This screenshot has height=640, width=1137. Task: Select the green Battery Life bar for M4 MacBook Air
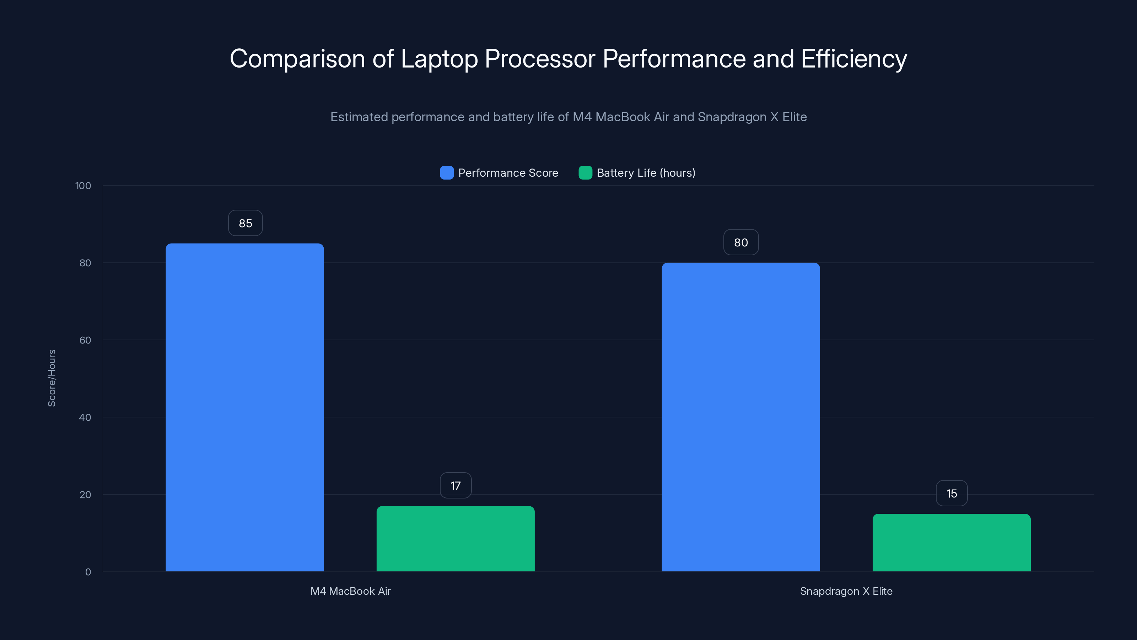456,539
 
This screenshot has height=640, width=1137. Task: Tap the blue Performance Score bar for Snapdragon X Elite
740,417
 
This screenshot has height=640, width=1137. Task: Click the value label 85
246,223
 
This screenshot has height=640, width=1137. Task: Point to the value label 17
456,485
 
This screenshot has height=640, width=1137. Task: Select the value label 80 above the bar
740,242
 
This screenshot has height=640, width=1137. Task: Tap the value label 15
952,494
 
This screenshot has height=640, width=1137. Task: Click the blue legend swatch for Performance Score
447,173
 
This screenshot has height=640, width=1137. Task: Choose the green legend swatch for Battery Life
585,173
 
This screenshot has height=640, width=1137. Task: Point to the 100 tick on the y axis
83,186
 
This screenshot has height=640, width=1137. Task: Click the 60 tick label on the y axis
85,340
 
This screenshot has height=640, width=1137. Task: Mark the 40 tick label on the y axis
85,417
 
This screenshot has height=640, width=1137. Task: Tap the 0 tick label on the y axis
88,572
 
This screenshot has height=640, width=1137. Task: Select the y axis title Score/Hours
52,378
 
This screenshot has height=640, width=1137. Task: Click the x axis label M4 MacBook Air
350,591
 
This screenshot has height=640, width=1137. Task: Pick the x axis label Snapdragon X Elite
846,591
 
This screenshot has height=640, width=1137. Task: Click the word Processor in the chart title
540,59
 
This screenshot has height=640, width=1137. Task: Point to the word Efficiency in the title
853,59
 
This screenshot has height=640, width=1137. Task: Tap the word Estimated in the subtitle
359,117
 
